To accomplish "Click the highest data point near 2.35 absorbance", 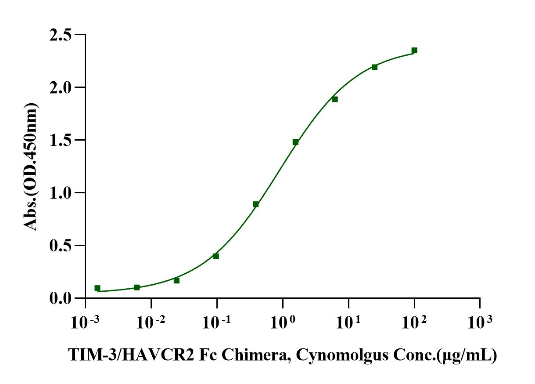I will click(414, 51).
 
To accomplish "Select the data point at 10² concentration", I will click(414, 51).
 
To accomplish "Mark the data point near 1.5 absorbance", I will click(295, 142).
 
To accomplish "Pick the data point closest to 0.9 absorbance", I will click(256, 204).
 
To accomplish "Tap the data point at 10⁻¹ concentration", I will click(216, 256).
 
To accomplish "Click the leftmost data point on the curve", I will click(97, 288).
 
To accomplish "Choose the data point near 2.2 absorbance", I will click(374, 67).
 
